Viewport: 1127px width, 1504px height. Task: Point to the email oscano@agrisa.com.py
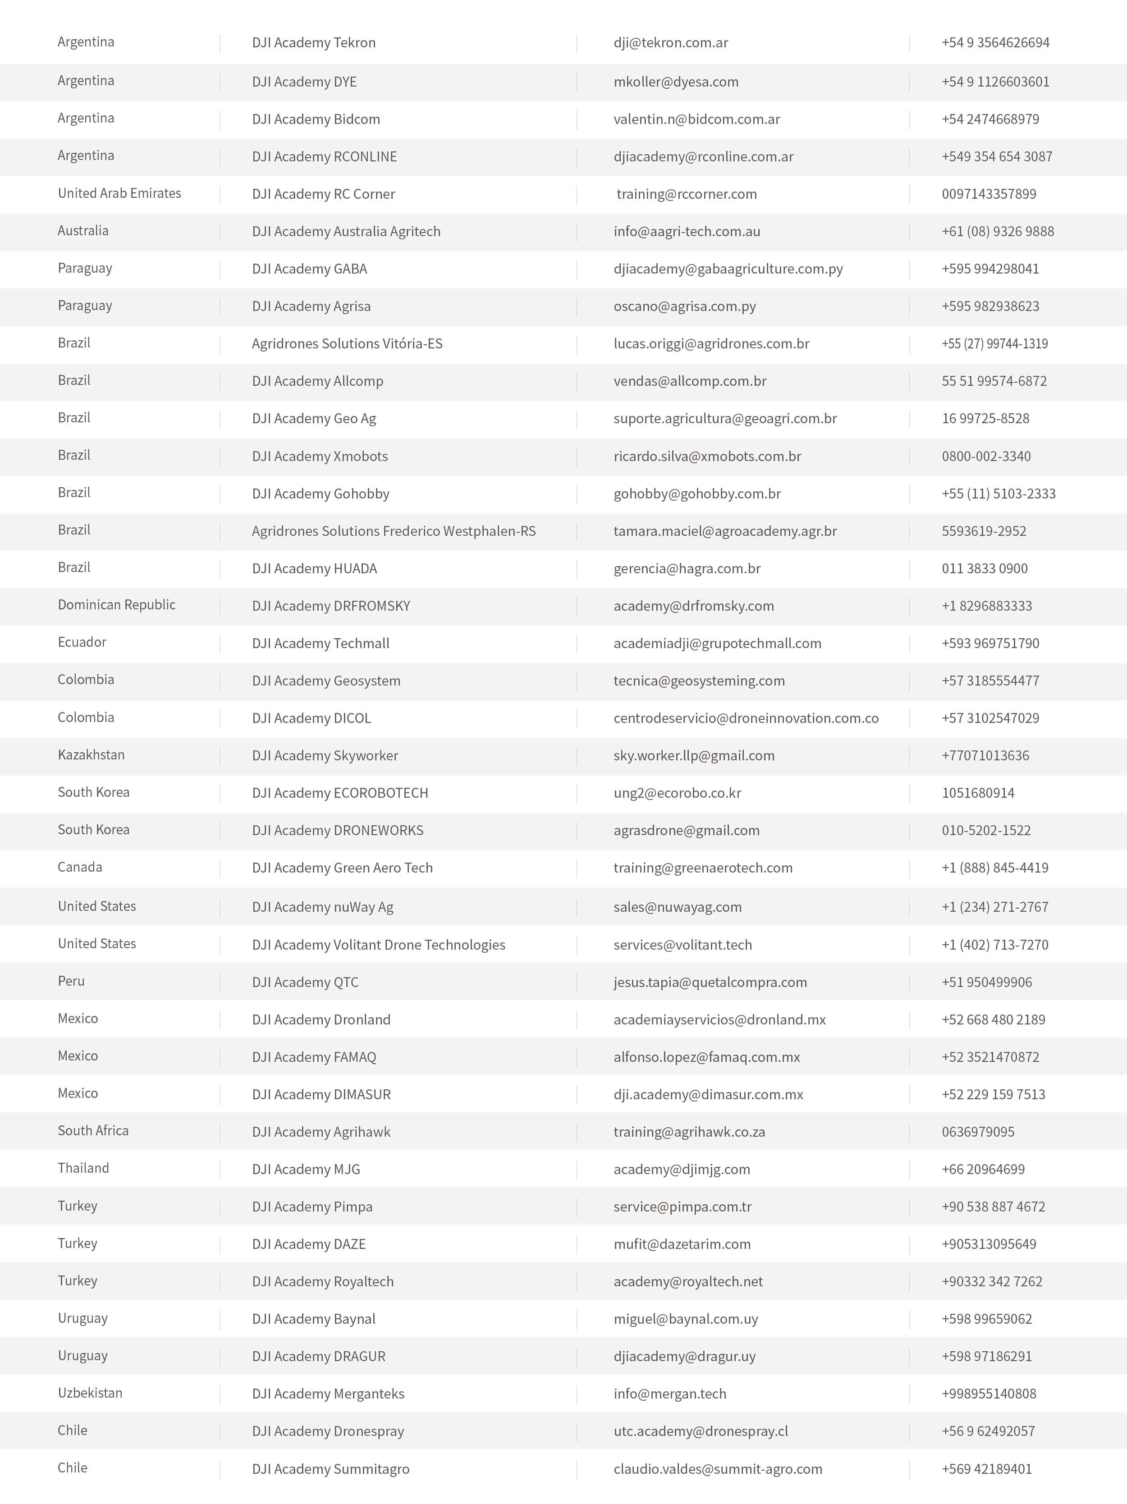coord(684,306)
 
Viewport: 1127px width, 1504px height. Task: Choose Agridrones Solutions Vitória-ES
coord(347,343)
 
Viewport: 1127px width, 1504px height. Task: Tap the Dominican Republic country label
coord(116,604)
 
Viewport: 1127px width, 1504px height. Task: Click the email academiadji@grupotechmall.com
coord(717,643)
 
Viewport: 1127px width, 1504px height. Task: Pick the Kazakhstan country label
coord(91,755)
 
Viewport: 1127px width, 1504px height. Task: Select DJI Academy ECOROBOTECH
coord(339,793)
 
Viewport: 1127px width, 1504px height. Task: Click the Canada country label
coord(80,867)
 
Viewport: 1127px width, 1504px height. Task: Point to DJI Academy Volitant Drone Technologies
coord(378,944)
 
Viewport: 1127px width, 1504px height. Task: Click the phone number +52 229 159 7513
coord(993,1094)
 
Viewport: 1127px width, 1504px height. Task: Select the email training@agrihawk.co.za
coord(689,1131)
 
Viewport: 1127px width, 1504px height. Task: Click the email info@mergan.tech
coord(669,1393)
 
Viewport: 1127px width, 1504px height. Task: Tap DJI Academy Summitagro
coord(330,1469)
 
